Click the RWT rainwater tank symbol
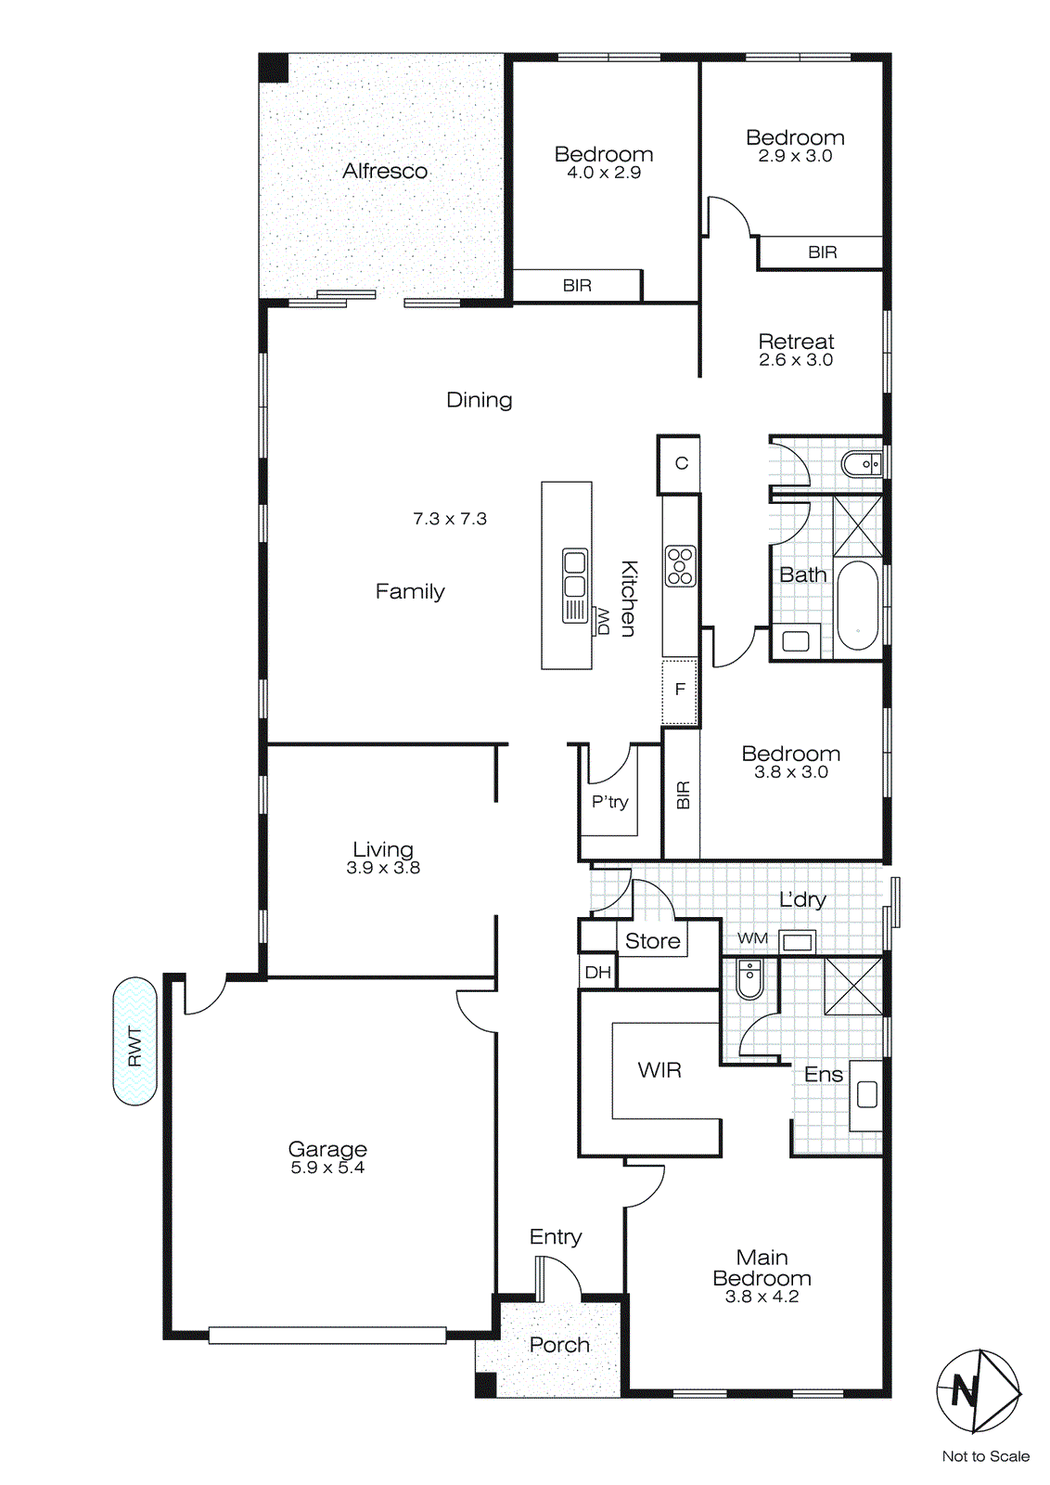click(134, 1040)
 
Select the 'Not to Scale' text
click(985, 1456)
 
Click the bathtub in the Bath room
click(857, 606)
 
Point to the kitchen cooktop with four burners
click(680, 565)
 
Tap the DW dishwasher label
click(602, 621)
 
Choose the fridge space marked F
click(680, 690)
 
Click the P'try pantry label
click(609, 802)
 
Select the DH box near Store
click(598, 972)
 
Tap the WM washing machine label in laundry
click(752, 938)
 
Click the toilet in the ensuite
click(749, 978)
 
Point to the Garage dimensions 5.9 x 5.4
click(327, 1168)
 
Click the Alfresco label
click(385, 171)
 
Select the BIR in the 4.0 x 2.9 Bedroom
click(577, 285)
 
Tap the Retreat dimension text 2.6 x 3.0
click(796, 360)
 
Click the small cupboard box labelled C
click(681, 463)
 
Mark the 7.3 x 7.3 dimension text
click(450, 519)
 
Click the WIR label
click(659, 1070)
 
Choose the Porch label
click(559, 1345)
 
